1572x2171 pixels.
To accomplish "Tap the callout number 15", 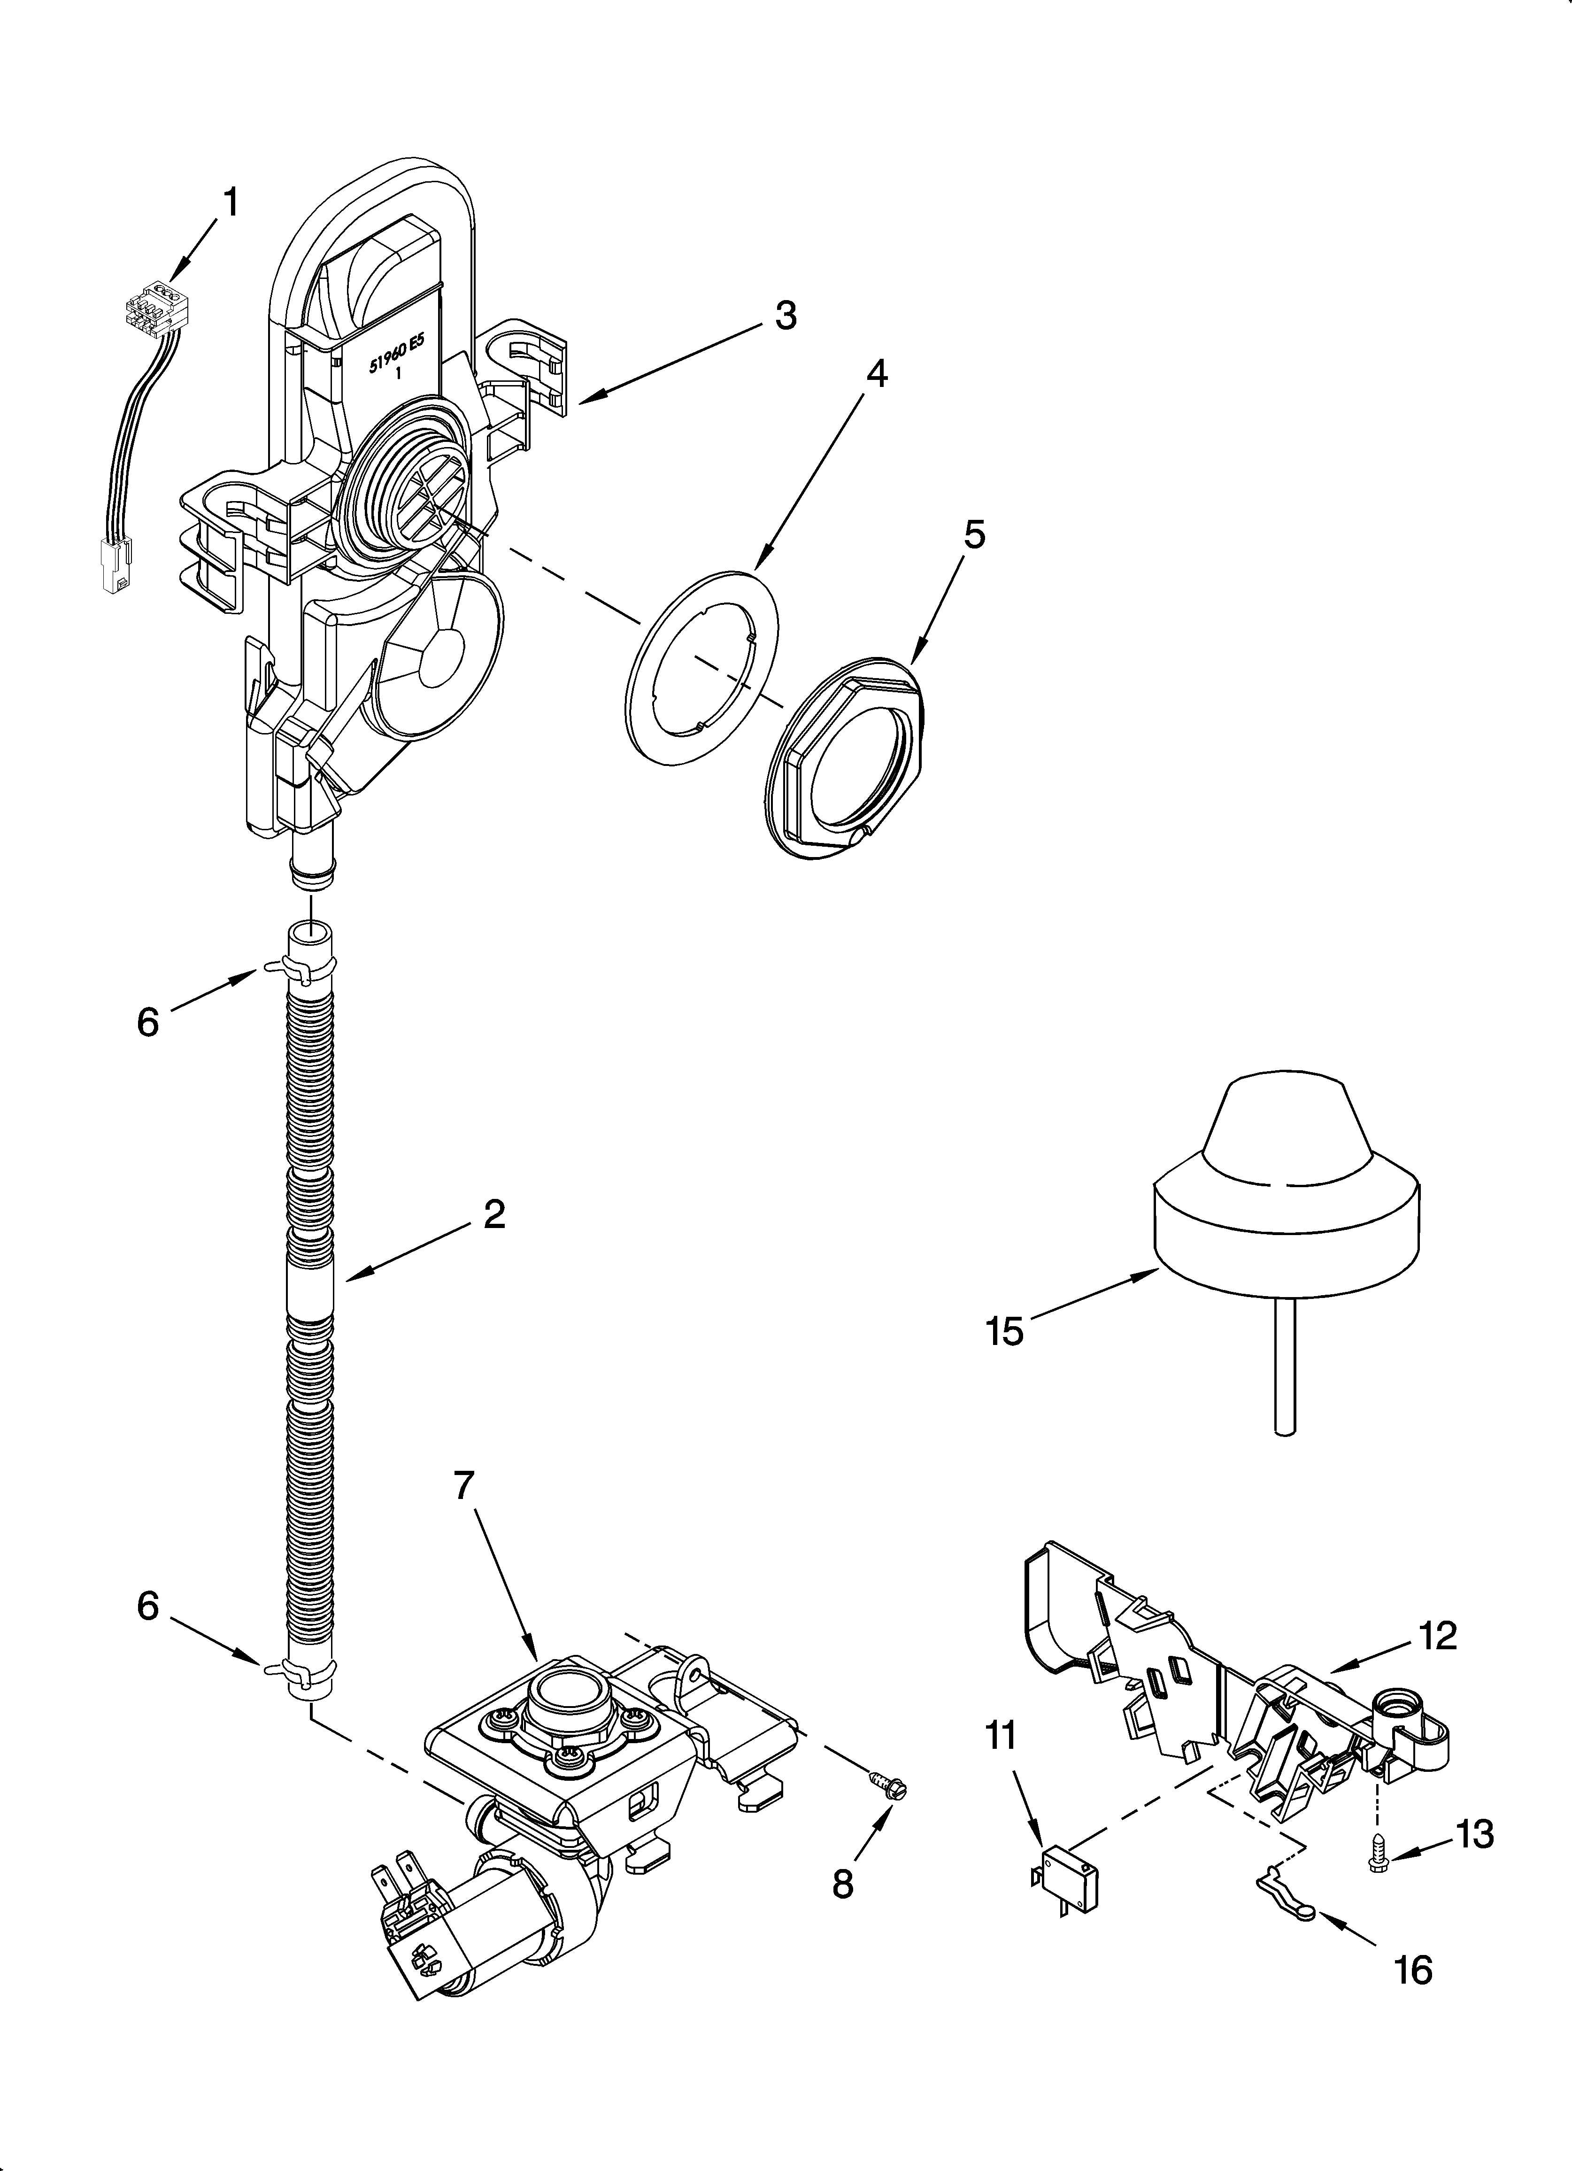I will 1004,1331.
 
